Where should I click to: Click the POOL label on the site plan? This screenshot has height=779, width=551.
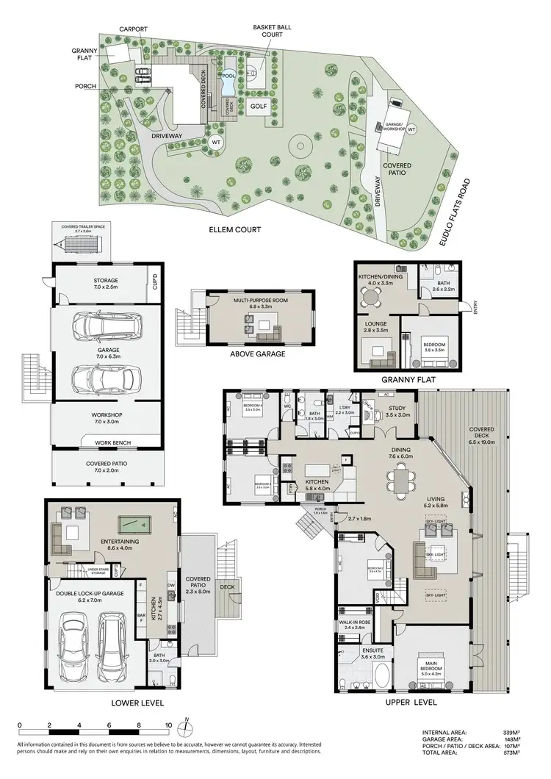click(228, 76)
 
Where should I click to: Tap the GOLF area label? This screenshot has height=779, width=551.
click(258, 106)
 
